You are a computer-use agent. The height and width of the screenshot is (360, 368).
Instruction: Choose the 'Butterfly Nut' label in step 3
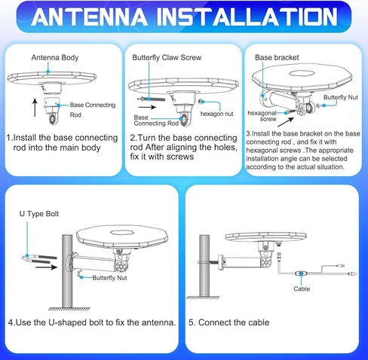[341, 98]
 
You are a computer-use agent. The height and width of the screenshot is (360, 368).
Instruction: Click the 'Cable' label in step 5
[302, 288]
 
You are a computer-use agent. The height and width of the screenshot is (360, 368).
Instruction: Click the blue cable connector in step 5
[302, 274]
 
